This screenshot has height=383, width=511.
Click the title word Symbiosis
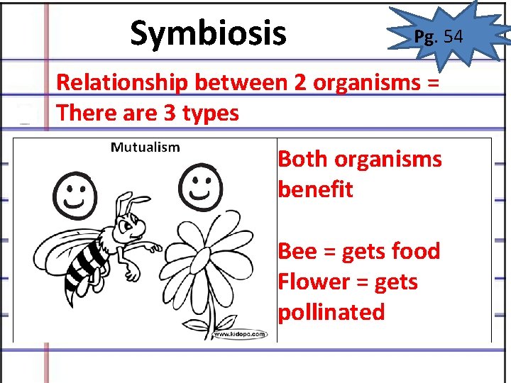[208, 33]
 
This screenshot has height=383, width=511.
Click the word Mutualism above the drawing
[145, 148]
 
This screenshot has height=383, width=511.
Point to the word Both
[306, 159]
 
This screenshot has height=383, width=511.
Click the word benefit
[315, 189]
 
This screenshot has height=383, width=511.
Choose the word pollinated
[331, 312]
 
